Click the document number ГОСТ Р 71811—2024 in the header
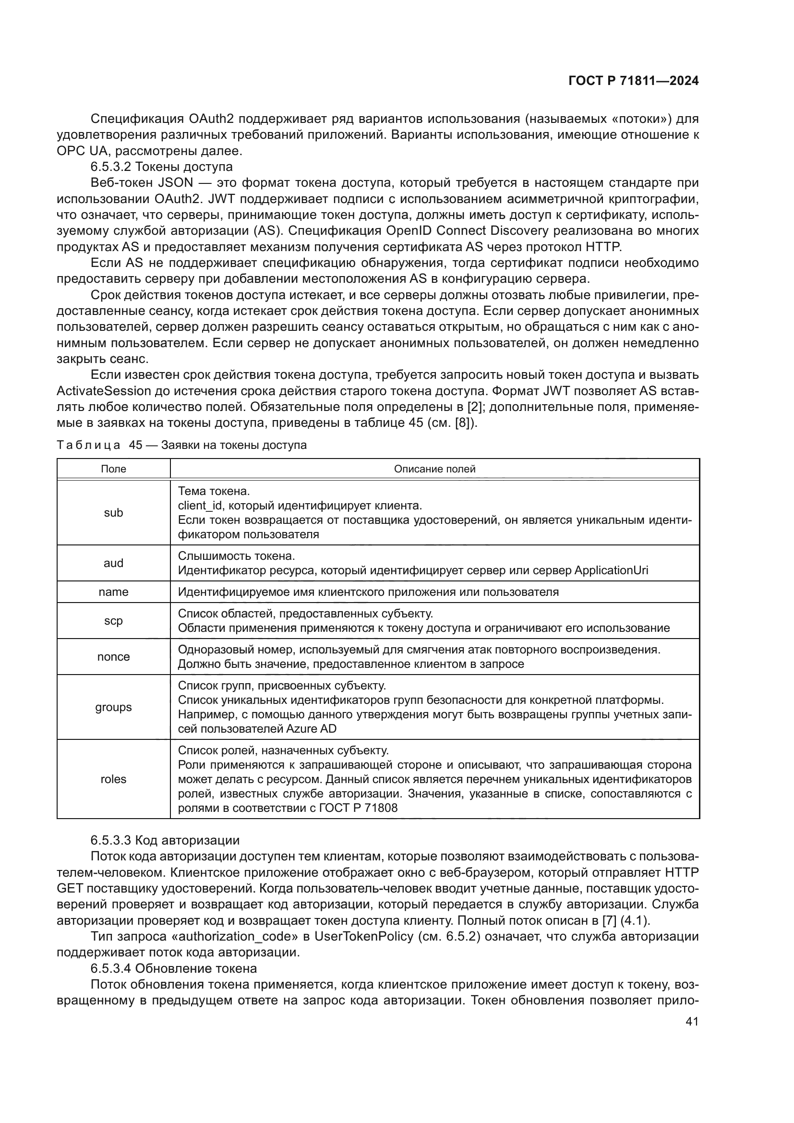[x=633, y=81]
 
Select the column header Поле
[x=113, y=469]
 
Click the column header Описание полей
[x=434, y=469]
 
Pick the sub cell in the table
[x=113, y=513]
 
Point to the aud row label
[x=113, y=563]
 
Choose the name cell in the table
[x=113, y=592]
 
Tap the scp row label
[x=113, y=621]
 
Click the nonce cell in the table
[x=113, y=656]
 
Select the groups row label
[x=113, y=707]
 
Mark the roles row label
[x=113, y=779]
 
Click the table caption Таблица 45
[x=181, y=445]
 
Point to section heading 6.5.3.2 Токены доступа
[x=161, y=167]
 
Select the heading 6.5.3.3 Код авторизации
[x=165, y=840]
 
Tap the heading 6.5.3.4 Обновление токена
[x=174, y=968]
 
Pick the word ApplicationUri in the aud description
[x=611, y=570]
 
